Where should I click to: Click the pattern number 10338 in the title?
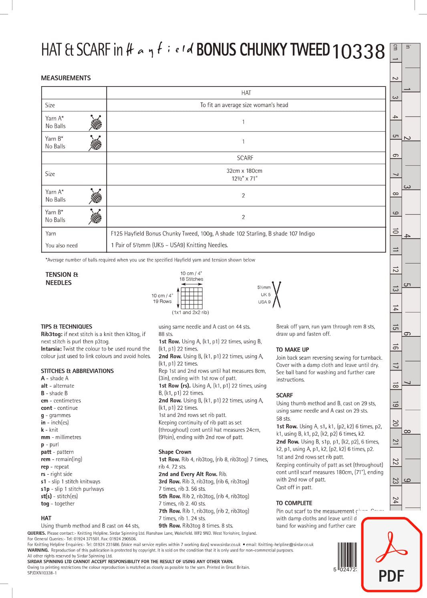click(x=359, y=52)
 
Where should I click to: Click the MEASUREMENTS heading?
click(x=66, y=78)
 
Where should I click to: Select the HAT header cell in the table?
click(x=246, y=93)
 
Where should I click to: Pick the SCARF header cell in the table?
click(x=245, y=158)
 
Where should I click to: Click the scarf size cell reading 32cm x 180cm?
click(x=244, y=174)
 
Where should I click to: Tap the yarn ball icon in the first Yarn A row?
click(x=95, y=123)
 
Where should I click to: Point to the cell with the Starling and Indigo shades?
click(x=213, y=234)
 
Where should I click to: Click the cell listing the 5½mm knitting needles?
click(x=169, y=245)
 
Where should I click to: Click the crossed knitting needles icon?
click(x=276, y=294)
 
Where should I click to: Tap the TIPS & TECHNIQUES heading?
click(x=66, y=326)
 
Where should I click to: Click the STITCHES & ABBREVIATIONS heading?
click(x=77, y=371)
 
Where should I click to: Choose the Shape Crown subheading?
click(x=175, y=452)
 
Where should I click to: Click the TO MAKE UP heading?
click(x=292, y=350)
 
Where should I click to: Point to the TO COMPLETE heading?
click(x=294, y=503)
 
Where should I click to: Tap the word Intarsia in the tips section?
click(x=51, y=349)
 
